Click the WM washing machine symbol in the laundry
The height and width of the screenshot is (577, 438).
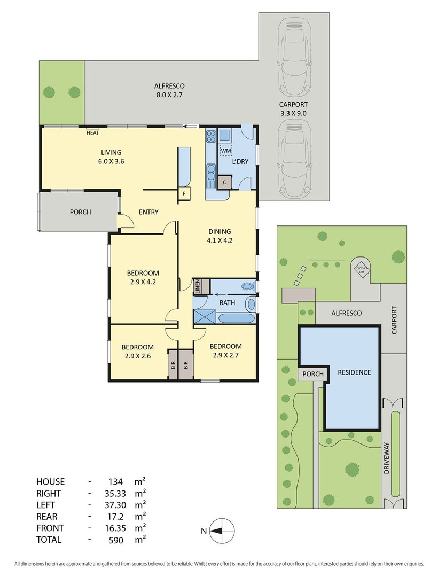[226, 151]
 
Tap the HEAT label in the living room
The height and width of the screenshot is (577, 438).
[92, 133]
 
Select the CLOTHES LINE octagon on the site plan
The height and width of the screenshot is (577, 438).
[362, 270]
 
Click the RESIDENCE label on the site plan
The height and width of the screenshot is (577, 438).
[354, 372]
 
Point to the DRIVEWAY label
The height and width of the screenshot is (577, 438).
[386, 458]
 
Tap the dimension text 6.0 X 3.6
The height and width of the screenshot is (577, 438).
[111, 161]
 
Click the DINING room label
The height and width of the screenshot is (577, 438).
[220, 231]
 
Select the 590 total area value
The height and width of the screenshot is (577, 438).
[116, 541]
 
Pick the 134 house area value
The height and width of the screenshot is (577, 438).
[115, 482]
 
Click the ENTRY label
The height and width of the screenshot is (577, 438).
[148, 212]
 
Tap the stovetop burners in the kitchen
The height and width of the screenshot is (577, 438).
[211, 137]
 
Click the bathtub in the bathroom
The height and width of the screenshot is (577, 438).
[236, 318]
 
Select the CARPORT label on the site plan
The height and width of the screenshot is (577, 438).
[394, 321]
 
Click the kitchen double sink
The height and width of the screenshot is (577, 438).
[211, 175]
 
